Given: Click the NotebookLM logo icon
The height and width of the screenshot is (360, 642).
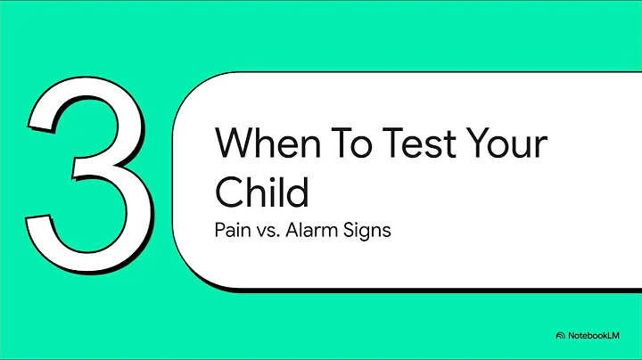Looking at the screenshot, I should coord(560,335).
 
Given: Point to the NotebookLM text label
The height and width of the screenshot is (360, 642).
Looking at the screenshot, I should coord(597,335).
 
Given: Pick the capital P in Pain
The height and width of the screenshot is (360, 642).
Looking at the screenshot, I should coord(220,229).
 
